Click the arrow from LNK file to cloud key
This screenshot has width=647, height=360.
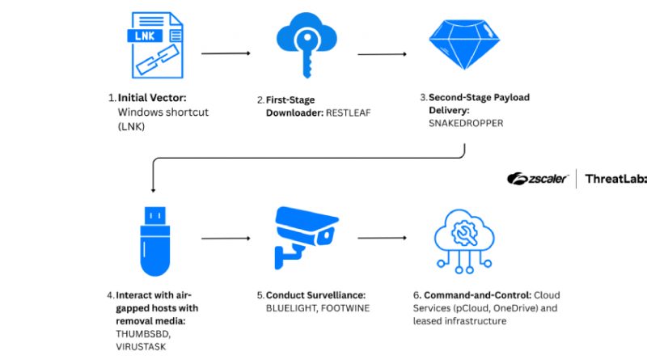226,53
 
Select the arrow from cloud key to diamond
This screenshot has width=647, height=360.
382,54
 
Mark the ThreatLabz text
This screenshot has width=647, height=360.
615,179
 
